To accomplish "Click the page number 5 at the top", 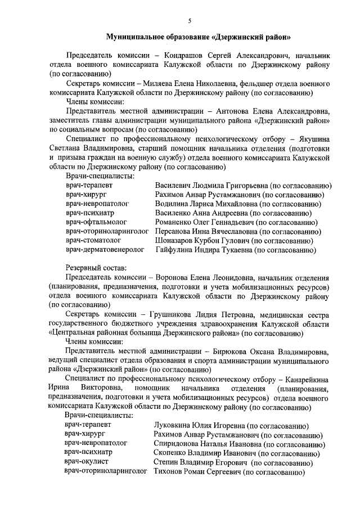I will (x=190, y=21).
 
